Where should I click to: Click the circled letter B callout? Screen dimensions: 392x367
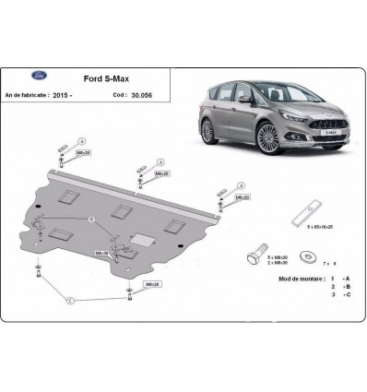pos(90,219)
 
